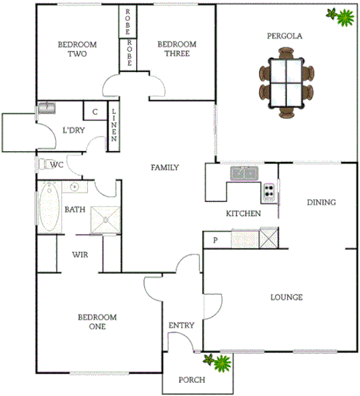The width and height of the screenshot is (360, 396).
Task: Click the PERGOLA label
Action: click(284, 35)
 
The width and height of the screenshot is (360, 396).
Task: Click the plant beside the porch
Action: click(216, 361)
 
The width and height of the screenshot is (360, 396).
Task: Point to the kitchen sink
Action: click(244, 173)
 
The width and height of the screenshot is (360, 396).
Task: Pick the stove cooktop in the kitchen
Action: click(269, 193)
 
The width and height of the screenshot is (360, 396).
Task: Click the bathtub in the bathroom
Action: click(49, 206)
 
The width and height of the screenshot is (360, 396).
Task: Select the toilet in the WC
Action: click(43, 165)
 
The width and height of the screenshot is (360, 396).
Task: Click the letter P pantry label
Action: click(215, 241)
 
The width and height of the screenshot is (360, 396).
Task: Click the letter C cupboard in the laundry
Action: click(95, 112)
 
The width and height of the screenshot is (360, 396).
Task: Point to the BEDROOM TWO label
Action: click(73, 49)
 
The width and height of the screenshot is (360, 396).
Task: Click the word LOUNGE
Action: click(286, 297)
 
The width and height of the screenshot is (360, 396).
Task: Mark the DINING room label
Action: click(321, 203)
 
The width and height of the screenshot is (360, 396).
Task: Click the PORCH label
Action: click(192, 380)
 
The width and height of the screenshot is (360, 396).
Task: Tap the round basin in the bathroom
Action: click(75, 187)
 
